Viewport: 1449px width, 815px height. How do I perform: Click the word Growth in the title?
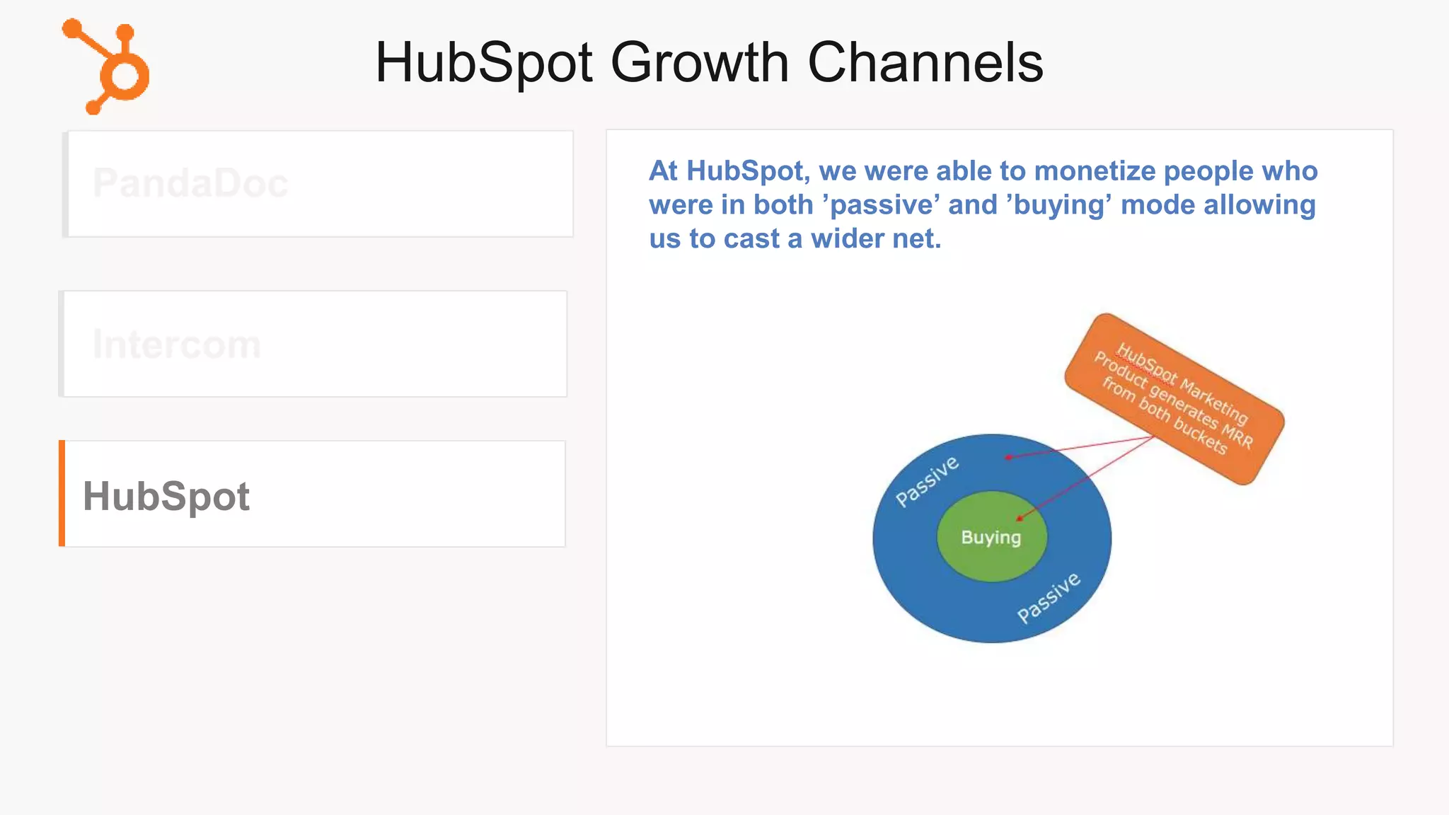coord(698,62)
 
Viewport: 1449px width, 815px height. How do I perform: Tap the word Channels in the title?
coord(925,62)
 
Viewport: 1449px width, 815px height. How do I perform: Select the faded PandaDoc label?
coord(190,183)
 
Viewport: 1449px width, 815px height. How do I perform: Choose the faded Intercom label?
coord(177,345)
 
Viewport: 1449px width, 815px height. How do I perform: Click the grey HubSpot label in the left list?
coord(166,496)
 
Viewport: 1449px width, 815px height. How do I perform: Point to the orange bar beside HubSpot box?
coord(62,493)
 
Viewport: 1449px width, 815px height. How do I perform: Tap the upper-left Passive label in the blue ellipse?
coord(927,481)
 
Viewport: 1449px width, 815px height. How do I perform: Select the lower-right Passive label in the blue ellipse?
coord(1049,598)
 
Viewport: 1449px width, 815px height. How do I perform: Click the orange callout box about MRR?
coord(1174,399)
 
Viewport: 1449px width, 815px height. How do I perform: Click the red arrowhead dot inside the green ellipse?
coord(1020,518)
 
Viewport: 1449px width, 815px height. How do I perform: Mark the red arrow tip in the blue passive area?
coord(1008,457)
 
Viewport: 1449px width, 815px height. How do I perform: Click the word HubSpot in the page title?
coord(484,62)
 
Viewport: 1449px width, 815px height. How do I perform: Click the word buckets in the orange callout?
coord(1200,435)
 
